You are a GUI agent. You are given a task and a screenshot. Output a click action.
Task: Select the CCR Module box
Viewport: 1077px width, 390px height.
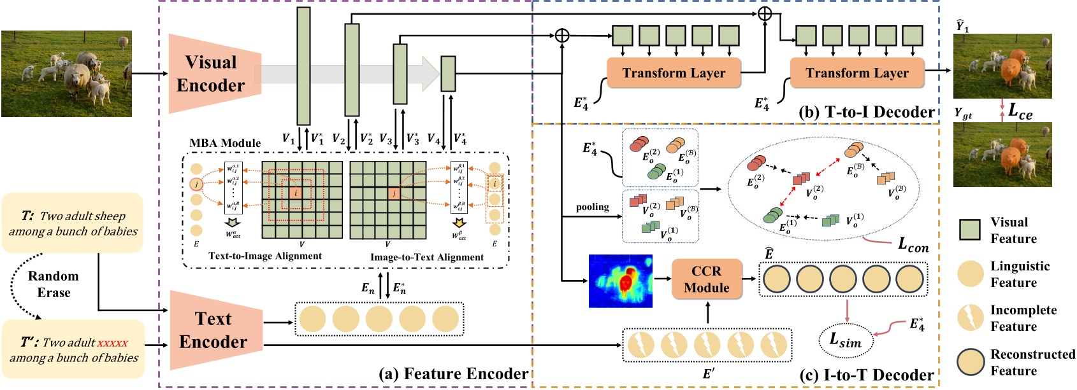[706, 279]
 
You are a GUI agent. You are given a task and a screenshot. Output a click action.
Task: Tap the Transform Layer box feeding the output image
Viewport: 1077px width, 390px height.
[857, 73]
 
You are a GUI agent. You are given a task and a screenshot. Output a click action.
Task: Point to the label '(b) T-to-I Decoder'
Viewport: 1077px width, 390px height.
[866, 112]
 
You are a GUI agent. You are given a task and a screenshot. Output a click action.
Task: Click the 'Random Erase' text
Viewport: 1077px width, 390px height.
[54, 284]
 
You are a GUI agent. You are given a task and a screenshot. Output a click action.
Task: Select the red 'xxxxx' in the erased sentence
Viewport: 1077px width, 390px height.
[112, 343]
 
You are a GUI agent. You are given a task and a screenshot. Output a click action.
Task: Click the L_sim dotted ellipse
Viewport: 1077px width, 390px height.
[846, 341]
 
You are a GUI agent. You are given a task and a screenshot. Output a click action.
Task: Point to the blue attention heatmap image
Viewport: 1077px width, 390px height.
[620, 281]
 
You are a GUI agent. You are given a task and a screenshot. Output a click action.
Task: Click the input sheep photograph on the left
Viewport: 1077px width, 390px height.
[66, 74]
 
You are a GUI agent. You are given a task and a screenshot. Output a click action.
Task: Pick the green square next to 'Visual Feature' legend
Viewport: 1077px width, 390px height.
[970, 230]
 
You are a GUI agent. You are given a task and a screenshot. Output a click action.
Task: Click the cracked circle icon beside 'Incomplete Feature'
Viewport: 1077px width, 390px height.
[970, 317]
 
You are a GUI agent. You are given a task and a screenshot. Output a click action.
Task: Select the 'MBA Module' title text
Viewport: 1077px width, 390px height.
[225, 143]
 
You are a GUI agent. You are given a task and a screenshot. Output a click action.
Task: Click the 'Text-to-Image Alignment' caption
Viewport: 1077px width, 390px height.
[264, 256]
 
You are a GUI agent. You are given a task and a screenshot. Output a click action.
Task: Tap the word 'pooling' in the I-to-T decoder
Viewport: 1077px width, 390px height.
[592, 207]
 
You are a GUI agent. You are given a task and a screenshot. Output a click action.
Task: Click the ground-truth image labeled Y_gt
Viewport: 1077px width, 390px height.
[1002, 155]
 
